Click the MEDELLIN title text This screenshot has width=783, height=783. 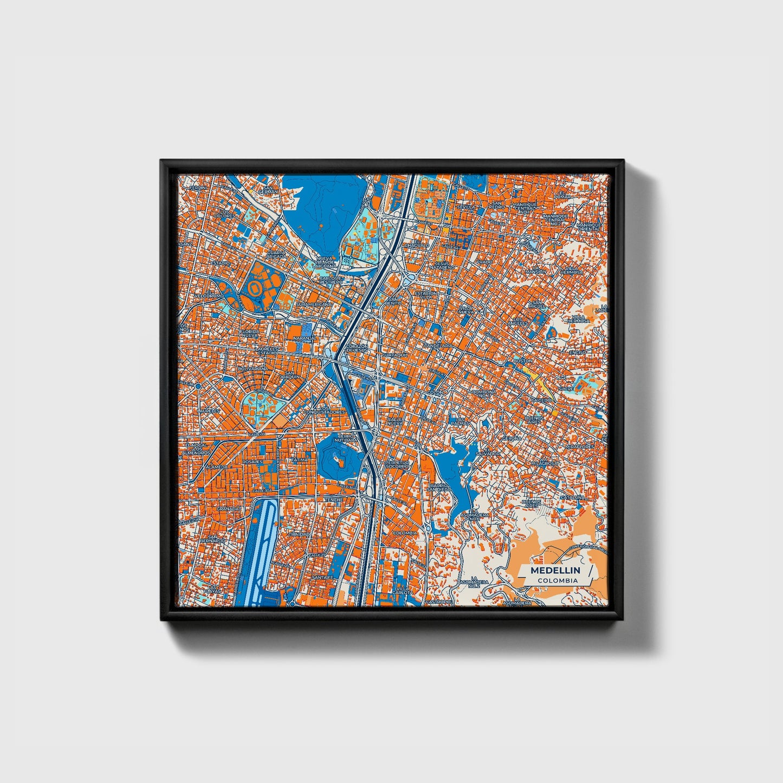coord(555,570)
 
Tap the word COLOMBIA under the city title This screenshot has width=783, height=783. coord(558,580)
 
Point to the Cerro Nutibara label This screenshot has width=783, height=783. coord(345,438)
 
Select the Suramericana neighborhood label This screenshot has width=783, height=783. coord(313,305)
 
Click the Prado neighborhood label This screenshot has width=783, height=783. coord(484,262)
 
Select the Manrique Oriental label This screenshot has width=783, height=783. coord(588,227)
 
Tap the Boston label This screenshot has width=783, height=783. coord(523,360)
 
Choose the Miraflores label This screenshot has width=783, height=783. coord(579,446)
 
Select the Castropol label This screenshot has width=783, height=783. coord(438,601)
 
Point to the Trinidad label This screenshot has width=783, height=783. coord(299,534)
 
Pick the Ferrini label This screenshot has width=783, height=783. coord(193,187)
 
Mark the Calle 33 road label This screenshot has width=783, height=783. coord(256,434)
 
